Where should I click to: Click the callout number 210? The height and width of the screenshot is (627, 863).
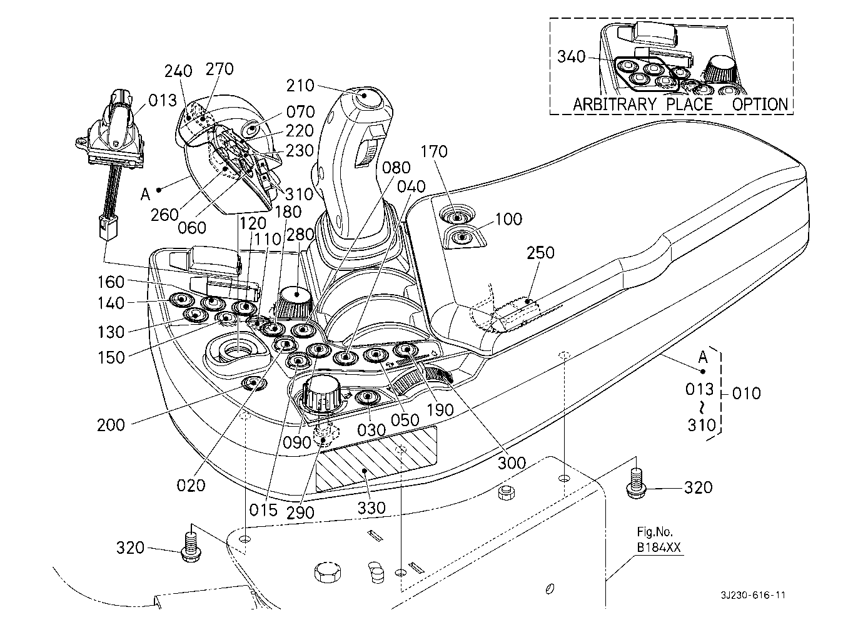click(300, 86)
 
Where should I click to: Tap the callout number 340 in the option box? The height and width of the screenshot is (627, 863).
click(572, 57)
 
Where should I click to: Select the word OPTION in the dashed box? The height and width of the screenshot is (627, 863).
click(760, 104)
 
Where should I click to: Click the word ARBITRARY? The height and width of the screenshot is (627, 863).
click(615, 104)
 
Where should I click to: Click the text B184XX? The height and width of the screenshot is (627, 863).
click(659, 548)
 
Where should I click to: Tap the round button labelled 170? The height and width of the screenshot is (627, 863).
click(457, 218)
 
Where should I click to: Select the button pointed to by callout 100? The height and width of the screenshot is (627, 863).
click(462, 238)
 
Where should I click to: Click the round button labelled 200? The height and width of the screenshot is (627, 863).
click(253, 383)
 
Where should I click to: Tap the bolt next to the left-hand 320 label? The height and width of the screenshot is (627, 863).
click(190, 547)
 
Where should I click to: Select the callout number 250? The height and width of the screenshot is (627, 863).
click(540, 253)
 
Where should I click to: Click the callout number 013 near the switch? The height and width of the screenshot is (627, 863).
click(162, 101)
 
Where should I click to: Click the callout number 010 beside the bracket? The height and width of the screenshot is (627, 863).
click(746, 394)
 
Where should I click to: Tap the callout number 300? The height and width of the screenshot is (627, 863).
click(512, 463)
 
